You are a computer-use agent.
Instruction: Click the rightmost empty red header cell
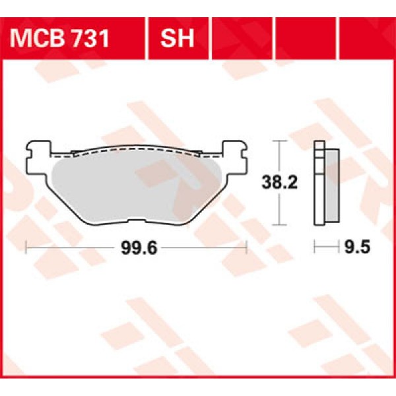pos(366,36)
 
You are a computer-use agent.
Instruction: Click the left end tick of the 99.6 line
pos(25,247)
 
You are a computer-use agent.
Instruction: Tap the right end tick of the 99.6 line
pos(246,247)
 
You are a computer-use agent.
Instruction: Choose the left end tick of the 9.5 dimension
pos(315,247)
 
